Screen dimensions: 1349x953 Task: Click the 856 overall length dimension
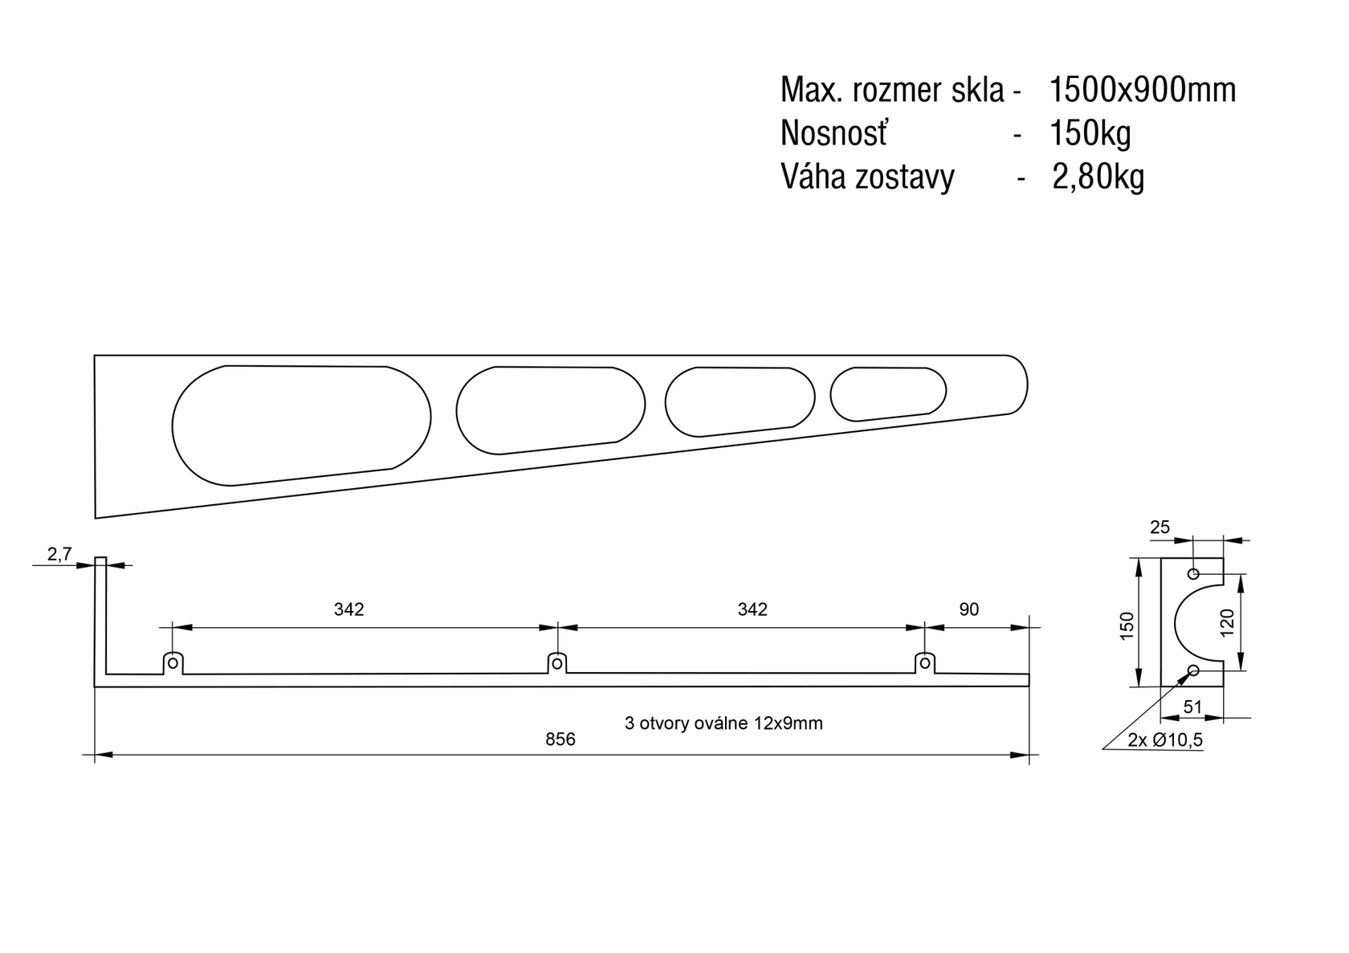(560, 739)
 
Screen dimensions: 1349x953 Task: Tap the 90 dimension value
(969, 609)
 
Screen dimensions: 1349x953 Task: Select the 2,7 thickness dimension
(59, 555)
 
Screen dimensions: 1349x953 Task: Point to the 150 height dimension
(1127, 625)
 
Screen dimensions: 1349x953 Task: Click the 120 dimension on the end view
(1227, 622)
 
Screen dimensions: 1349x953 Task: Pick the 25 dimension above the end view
(1159, 527)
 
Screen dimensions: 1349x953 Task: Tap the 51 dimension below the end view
(1192, 707)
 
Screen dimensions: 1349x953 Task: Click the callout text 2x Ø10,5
(1165, 739)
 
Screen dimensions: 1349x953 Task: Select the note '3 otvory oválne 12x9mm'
(723, 723)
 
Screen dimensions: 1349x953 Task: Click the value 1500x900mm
(1143, 90)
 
